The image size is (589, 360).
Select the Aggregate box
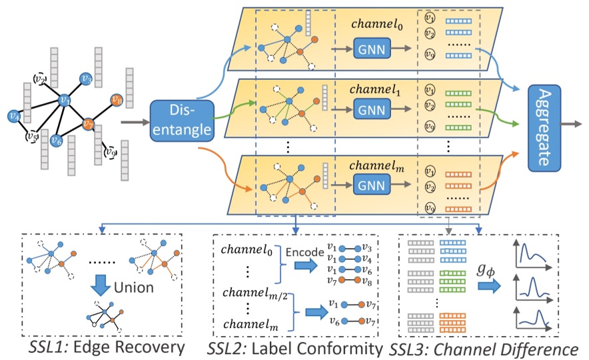tap(544, 123)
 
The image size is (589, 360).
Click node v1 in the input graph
tap(64, 100)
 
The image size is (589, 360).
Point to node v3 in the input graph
tap(86, 79)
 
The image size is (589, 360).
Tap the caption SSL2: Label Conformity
tap(293, 347)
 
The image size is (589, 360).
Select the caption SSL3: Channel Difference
tap(484, 347)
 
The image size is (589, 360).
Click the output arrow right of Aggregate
tap(574, 123)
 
